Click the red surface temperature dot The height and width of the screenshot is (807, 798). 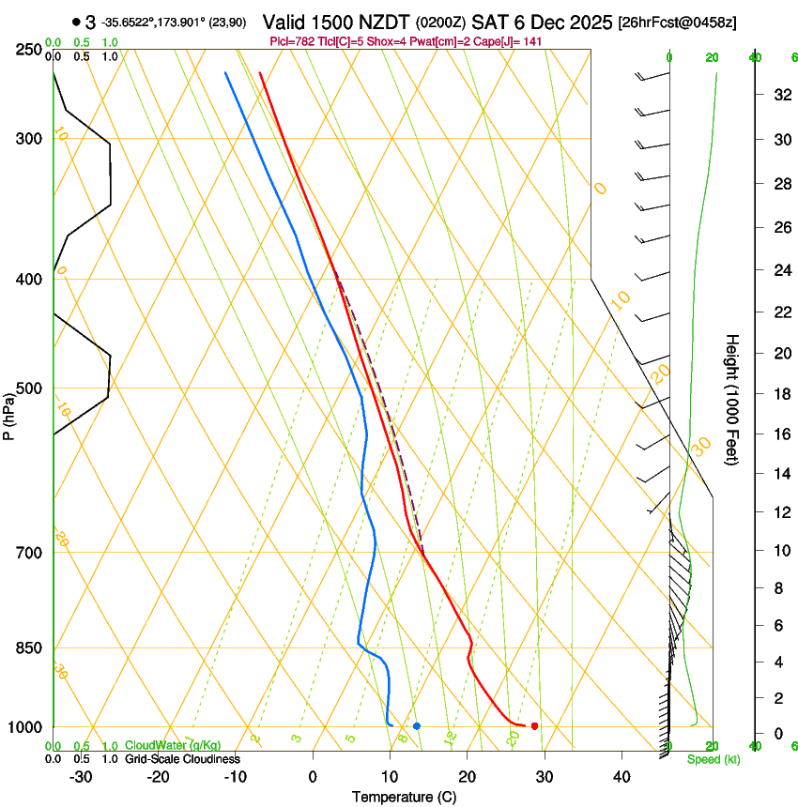tap(534, 725)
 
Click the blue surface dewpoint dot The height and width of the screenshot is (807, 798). tap(417, 725)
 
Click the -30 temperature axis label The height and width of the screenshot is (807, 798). tap(81, 777)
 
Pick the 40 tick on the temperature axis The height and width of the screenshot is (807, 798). tap(621, 777)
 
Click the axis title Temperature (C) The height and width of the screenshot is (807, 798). tap(405, 797)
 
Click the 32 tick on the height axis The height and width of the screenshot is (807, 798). tap(781, 95)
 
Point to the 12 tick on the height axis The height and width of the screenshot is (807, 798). tap(781, 511)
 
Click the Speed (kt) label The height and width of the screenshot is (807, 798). tap(714, 759)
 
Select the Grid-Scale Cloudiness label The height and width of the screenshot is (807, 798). tap(182, 759)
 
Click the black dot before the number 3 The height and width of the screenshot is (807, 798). tap(75, 22)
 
